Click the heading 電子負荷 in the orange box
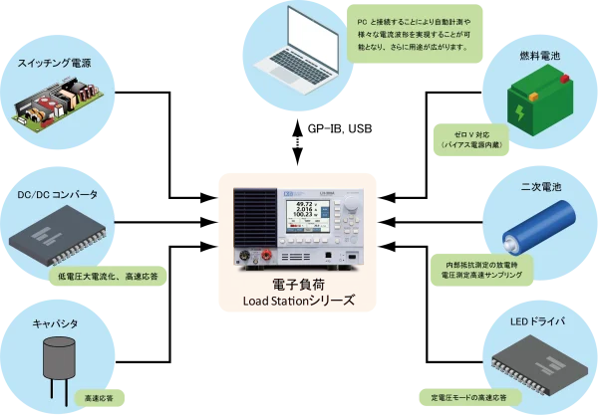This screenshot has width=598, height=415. pyautogui.click(x=300, y=284)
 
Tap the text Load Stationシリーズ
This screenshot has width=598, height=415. pyautogui.click(x=300, y=300)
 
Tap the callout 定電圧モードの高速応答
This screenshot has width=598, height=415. pyautogui.click(x=468, y=396)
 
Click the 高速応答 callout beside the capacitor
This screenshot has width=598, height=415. pyautogui.click(x=97, y=395)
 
